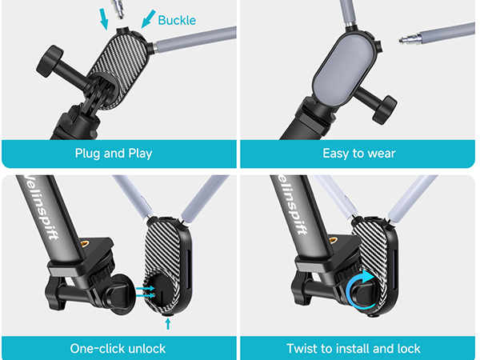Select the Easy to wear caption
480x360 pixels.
358,153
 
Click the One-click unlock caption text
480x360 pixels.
118,349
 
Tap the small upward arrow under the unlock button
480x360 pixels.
167,322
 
